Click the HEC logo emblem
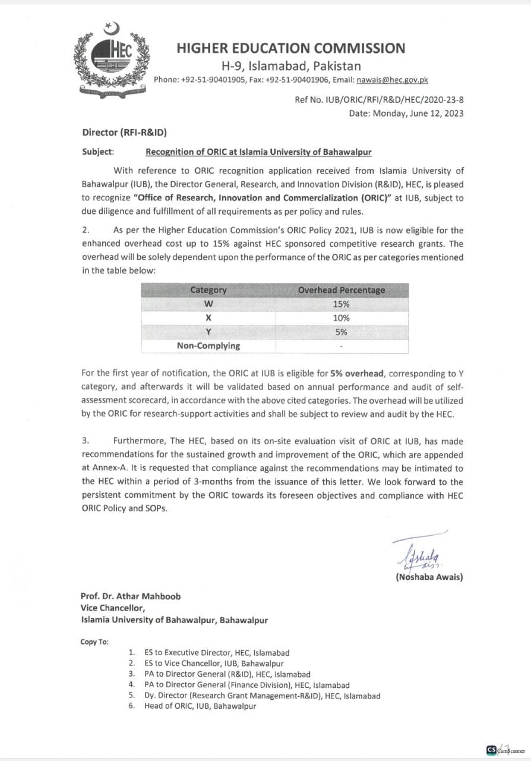coord(112,59)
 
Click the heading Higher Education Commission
coord(291,49)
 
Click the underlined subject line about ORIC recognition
coord(259,152)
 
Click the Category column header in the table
coord(208,290)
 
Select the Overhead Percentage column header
coord(341,290)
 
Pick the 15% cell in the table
coord(341,304)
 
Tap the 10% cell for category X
coord(341,318)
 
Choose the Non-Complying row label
coord(208,346)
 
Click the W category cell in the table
coord(208,304)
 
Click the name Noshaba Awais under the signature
coord(429,576)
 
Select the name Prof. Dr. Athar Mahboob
coord(131,596)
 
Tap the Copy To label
coord(94,641)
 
